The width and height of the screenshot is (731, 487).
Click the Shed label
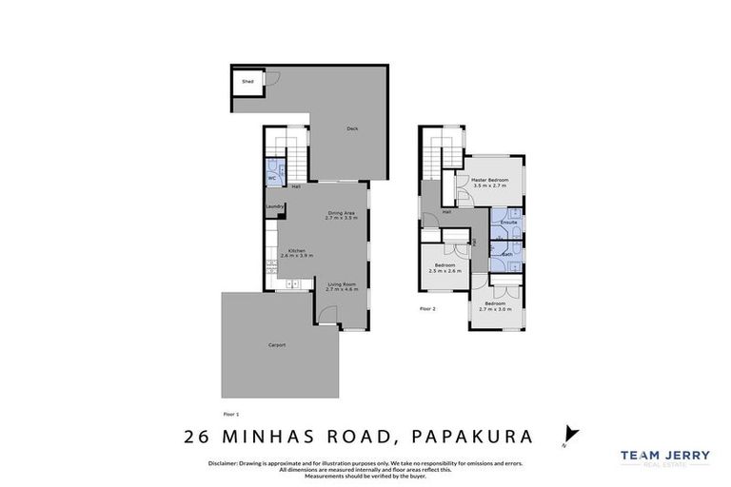click(247, 83)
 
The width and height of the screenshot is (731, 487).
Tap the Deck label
click(351, 129)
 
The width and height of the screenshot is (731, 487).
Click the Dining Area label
click(341, 212)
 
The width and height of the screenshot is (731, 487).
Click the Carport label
click(276, 344)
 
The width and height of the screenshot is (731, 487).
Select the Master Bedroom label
click(490, 180)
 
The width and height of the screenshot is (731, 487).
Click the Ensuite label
click(508, 222)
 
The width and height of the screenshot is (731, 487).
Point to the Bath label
click(507, 254)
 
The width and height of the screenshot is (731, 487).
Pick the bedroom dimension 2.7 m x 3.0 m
click(495, 309)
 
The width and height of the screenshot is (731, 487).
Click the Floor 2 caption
click(427, 309)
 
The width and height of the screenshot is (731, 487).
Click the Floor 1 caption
click(230, 414)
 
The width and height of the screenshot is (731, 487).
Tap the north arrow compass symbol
click(570, 433)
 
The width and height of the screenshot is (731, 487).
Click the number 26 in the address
click(199, 438)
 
